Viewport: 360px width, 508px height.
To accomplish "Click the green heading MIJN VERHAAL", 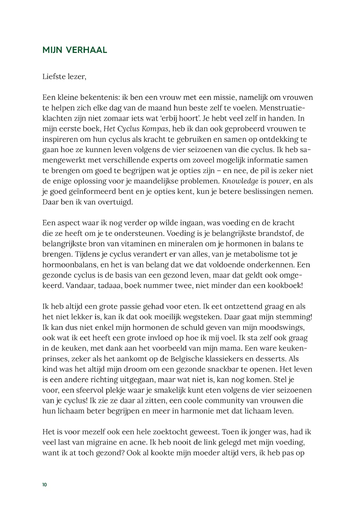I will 74,50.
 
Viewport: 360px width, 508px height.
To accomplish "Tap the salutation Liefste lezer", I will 64,77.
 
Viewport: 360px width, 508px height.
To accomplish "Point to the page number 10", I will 44,485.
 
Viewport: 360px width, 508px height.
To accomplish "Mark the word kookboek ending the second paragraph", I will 286,286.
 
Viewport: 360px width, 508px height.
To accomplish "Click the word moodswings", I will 286,328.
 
